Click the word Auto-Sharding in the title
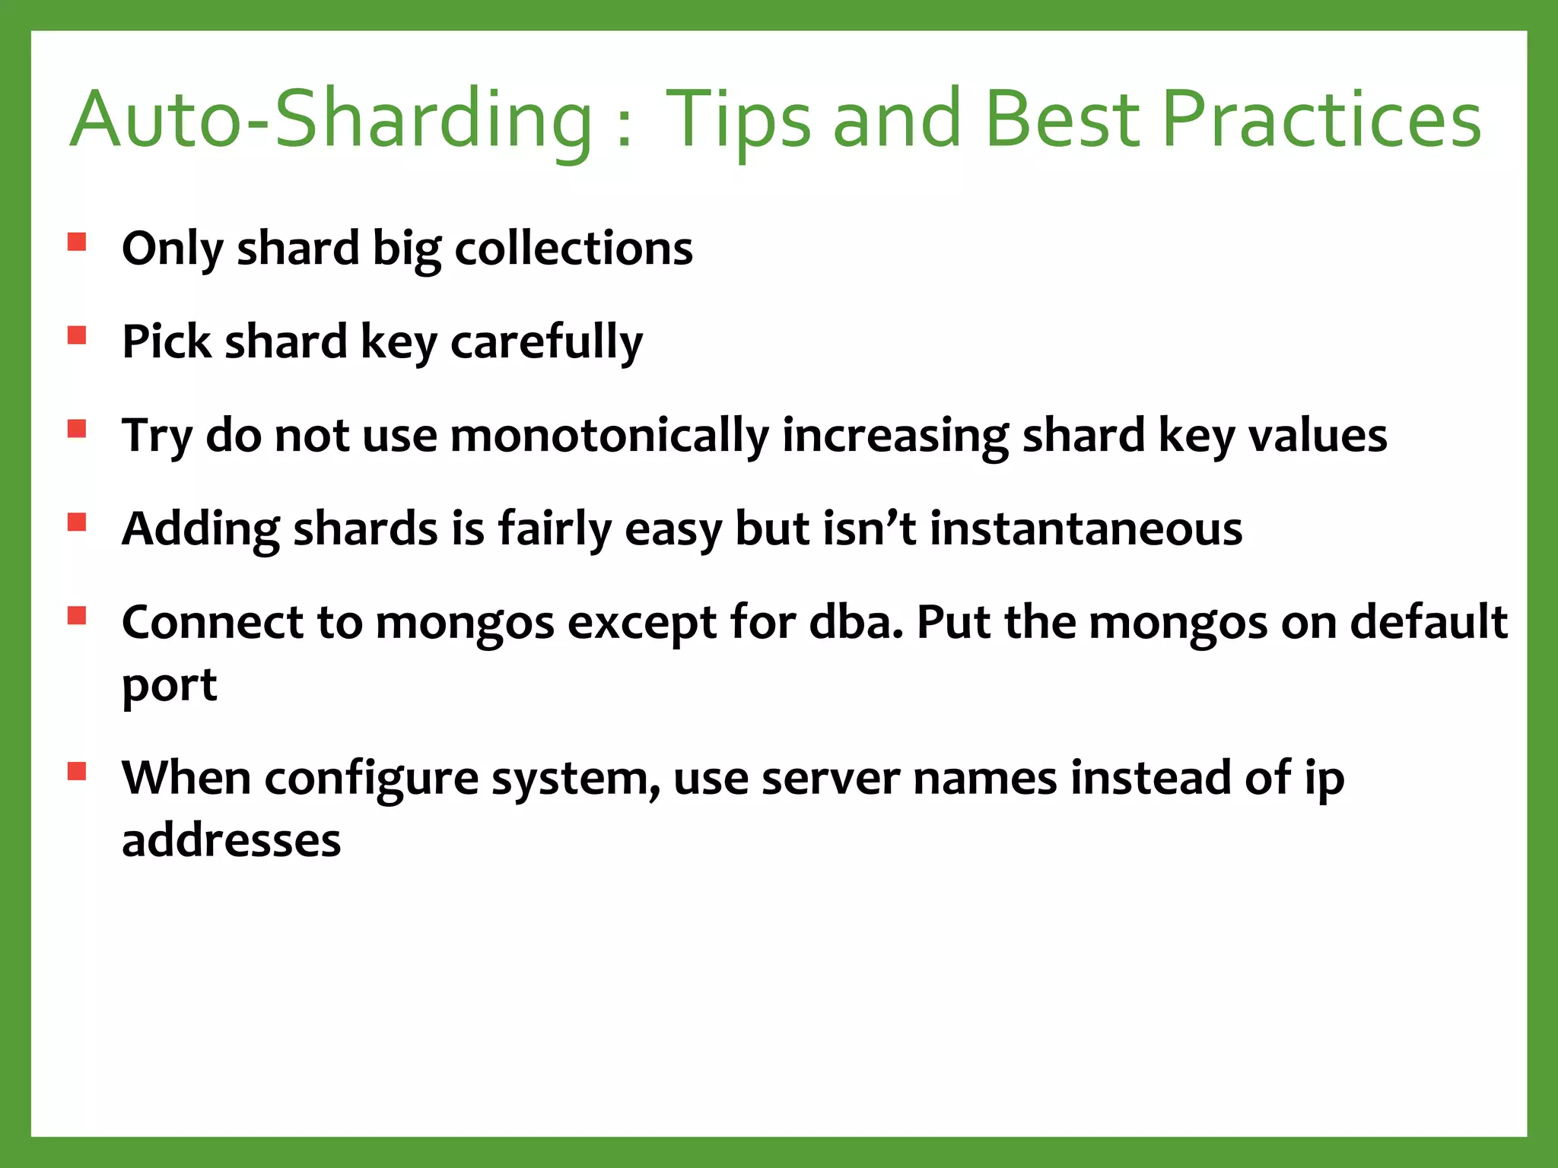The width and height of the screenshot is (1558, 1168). click(332, 120)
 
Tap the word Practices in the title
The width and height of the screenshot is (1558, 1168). click(1321, 119)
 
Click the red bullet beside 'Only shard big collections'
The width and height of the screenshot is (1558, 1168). click(77, 242)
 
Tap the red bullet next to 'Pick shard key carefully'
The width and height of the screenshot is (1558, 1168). click(77, 335)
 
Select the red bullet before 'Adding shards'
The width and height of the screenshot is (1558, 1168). click(77, 522)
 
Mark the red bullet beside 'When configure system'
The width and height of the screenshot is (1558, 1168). click(77, 772)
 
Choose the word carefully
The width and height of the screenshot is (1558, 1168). click(546, 341)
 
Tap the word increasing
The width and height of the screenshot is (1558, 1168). click(895, 436)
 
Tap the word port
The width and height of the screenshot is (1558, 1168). click(169, 686)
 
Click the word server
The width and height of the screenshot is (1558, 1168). click(831, 779)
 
